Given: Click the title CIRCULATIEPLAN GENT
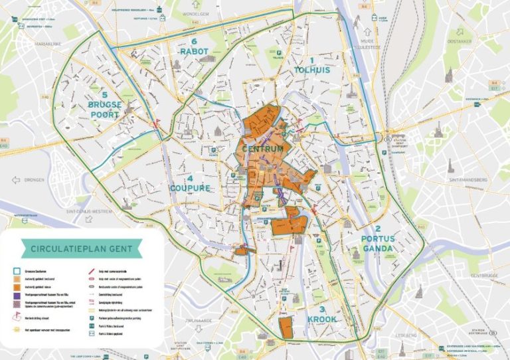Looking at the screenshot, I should pos(81,249).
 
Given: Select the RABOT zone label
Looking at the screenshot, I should pos(193,52).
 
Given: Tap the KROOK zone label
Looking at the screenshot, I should pos(321,319).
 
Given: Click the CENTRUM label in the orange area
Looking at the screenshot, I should pos(262,149).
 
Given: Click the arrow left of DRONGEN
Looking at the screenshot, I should pos(15,180).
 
